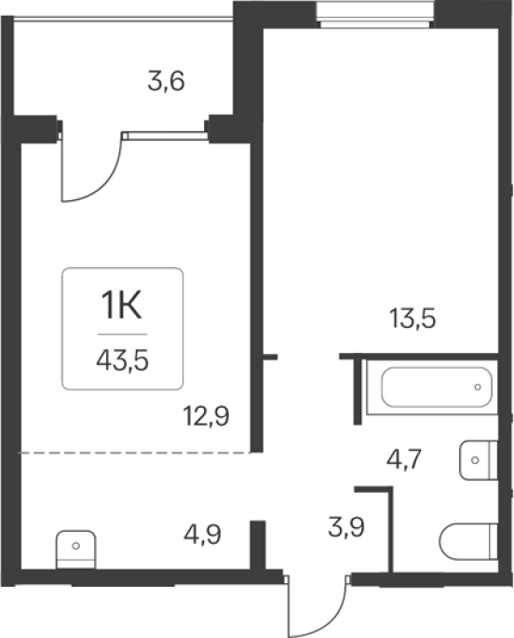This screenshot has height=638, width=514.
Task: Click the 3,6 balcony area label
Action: pyautogui.click(x=166, y=81)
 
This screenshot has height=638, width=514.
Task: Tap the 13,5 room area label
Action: pyautogui.click(x=413, y=319)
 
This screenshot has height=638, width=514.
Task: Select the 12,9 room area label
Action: pyautogui.click(x=207, y=415)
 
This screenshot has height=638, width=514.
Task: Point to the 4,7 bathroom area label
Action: pyautogui.click(x=404, y=460)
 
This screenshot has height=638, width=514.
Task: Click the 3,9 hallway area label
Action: pyautogui.click(x=346, y=528)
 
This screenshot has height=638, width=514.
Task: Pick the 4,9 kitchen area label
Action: pyautogui.click(x=202, y=535)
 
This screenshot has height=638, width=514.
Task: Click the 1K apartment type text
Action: pyautogui.click(x=122, y=306)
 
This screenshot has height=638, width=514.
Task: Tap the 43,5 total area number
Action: pyautogui.click(x=122, y=360)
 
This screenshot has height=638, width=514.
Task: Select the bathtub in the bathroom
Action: pyautogui.click(x=437, y=387)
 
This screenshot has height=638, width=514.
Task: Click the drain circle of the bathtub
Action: pyautogui.click(x=478, y=387)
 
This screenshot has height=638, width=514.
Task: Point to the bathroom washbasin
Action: pyautogui.click(x=479, y=460)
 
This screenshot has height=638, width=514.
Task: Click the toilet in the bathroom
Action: pyautogui.click(x=468, y=541)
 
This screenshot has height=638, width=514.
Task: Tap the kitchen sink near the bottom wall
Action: pyautogui.click(x=75, y=550)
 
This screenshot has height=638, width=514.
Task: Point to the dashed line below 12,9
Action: pyautogui.click(x=135, y=453)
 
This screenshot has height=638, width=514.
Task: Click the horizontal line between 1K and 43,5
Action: pyautogui.click(x=122, y=334)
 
